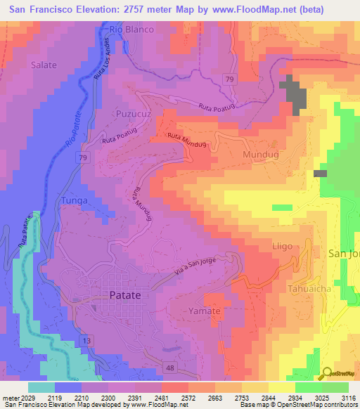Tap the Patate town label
[x=120, y=296]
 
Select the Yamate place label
[x=205, y=311]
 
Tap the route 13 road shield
[x=86, y=340]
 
